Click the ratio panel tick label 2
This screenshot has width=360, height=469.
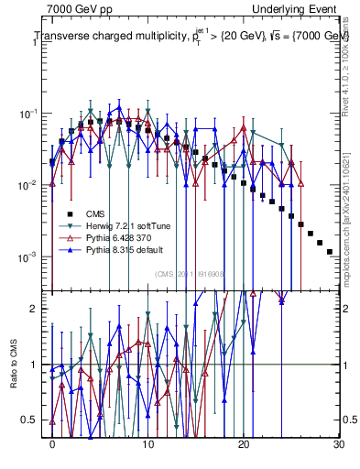(38, 309)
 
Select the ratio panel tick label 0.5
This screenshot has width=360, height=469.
(33, 420)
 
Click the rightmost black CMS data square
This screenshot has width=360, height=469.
(330, 251)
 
